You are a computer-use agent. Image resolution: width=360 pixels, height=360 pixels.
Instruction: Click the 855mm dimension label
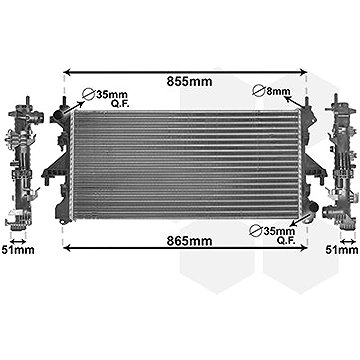(189, 81)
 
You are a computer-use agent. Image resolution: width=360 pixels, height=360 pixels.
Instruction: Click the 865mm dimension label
(189, 241)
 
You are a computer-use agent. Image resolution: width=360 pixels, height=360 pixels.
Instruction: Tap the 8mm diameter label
(278, 91)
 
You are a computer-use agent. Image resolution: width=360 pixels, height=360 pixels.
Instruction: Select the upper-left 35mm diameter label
(112, 94)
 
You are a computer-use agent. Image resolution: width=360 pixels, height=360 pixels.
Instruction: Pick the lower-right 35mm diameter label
(279, 231)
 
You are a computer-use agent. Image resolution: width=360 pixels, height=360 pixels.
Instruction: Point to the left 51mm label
(18, 250)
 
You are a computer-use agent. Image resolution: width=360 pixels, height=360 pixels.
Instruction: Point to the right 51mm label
(342, 250)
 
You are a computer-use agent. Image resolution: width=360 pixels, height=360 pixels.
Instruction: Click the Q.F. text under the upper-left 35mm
(120, 104)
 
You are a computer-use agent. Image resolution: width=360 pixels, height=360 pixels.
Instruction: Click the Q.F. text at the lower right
(287, 240)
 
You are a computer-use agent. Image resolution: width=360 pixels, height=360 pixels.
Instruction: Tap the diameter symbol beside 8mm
(258, 91)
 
